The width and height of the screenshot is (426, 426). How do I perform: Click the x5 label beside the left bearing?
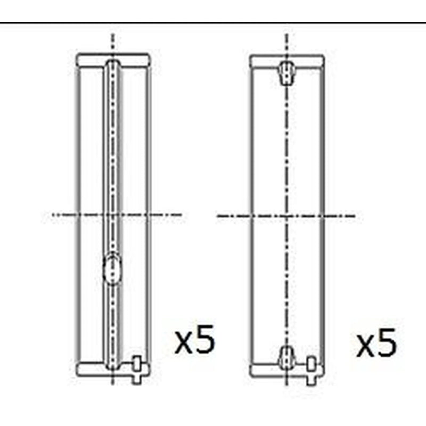pos(195,339)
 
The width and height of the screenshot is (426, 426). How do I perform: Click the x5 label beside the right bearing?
pos(376,342)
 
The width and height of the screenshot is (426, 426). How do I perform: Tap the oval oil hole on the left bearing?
pos(112,268)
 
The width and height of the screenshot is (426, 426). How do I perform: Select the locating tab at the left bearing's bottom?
pos(137,370)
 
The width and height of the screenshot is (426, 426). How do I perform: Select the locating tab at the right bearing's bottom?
pos(312,371)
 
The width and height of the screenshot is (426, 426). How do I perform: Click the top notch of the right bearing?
pos(287,72)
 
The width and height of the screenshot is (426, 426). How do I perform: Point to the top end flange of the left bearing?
pos(113,60)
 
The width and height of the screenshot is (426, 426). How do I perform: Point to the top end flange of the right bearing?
pos(287,61)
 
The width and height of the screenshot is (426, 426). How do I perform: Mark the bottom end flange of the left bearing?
pos(113,369)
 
